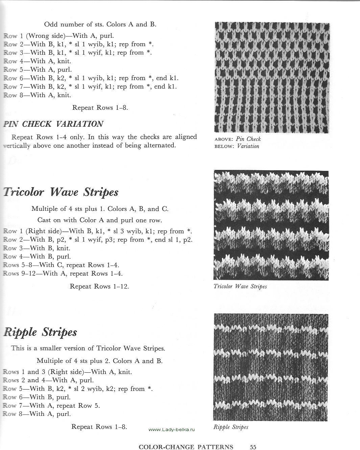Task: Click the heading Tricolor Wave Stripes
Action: coord(61,192)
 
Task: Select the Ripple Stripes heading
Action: coord(40,332)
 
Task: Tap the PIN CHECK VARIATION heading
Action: coord(53,124)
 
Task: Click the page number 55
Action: coord(253,447)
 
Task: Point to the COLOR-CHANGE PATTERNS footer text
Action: coord(186,447)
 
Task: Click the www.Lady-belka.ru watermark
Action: coord(172,429)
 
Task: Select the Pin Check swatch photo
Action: coord(272,77)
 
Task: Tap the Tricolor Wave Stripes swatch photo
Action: coord(271,225)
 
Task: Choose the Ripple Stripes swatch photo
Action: coord(270,367)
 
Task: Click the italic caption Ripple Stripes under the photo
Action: coord(231,427)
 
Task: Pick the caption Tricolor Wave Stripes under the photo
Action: coord(240,286)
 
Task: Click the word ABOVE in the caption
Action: coord(224,139)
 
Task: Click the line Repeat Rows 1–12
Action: coord(99,286)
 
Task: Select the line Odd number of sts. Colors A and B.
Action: coord(100,24)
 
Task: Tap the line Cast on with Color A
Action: coord(100,220)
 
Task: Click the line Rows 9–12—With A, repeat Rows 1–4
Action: coord(63,273)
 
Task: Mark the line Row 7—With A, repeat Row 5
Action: coord(51,405)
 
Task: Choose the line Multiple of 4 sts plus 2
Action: coord(100,361)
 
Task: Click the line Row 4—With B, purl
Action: coord(37,256)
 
